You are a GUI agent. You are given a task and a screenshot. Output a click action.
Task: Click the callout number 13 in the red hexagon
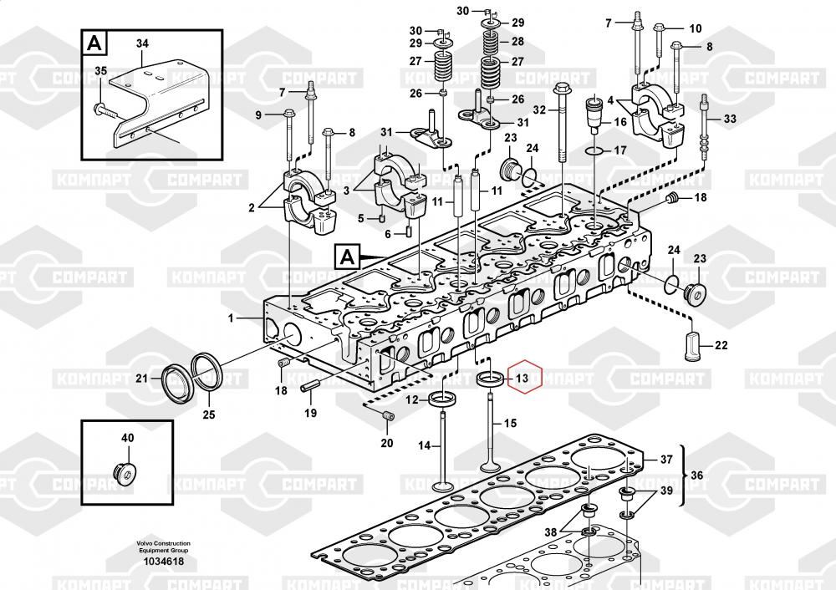tap(522, 379)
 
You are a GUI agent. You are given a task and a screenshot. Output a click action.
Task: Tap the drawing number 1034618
tap(164, 562)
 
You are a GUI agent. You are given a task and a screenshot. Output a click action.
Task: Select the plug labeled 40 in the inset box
tap(126, 472)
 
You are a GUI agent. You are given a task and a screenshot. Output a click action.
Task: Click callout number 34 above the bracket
tap(142, 43)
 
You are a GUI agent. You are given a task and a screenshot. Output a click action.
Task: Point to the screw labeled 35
tap(110, 111)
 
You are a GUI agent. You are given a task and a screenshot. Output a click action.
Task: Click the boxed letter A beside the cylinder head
tap(347, 257)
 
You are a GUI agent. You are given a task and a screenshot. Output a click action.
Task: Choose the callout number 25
tap(209, 415)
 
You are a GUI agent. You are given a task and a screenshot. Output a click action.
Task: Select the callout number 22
tap(721, 345)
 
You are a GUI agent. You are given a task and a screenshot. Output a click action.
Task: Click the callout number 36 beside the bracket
tap(697, 476)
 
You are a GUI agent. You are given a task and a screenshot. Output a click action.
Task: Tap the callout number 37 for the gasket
tap(666, 459)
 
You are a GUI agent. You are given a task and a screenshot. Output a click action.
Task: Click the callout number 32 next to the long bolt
tap(539, 110)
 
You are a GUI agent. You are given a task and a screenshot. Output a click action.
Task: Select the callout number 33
tap(730, 119)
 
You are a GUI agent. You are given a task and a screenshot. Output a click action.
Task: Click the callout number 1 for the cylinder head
tap(231, 318)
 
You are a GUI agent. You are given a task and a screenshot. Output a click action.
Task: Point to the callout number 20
tap(386, 443)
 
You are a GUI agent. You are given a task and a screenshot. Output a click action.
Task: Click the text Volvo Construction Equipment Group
tap(164, 547)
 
